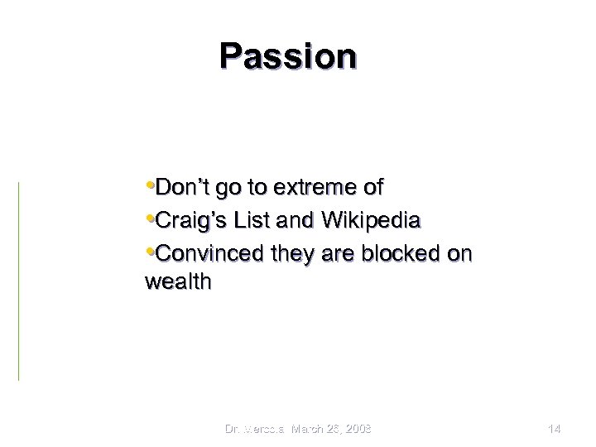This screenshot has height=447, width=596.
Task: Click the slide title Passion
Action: coord(288,56)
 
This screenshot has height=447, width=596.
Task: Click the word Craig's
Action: coord(186,221)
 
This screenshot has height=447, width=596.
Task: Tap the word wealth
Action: coord(178,282)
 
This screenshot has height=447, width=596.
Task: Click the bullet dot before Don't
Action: coord(149,185)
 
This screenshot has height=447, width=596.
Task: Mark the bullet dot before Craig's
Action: coord(149,219)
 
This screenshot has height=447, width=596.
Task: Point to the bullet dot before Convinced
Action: coord(149,251)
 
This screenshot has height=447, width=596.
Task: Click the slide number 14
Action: coord(555,428)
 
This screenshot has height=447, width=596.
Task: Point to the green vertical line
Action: coord(18,281)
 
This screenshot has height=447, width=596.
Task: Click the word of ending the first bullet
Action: coord(374,188)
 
